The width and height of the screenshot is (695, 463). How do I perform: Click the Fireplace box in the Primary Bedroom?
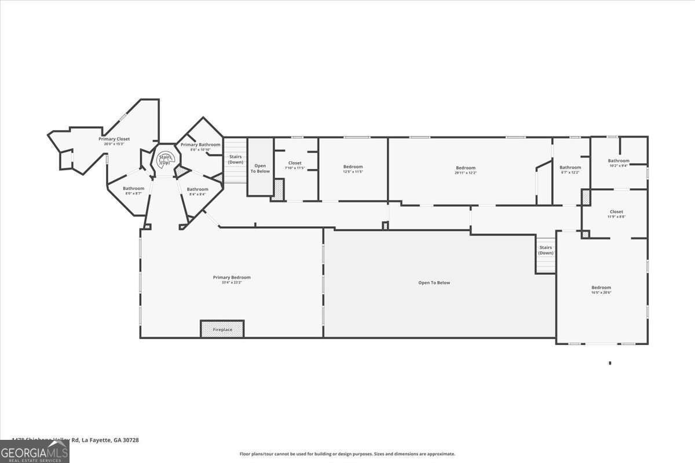(x=222, y=329)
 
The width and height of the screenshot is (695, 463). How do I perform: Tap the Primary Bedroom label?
(x=232, y=277)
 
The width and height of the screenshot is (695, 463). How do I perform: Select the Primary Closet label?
(x=114, y=139)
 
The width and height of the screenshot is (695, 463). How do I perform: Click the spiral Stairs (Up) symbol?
(x=165, y=159)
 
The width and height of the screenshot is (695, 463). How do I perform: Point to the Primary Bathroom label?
(x=200, y=144)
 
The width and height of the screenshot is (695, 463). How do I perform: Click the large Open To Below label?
(x=434, y=282)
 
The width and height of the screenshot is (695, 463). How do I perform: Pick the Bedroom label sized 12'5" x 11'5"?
(x=353, y=167)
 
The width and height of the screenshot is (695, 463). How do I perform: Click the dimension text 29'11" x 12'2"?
(x=465, y=172)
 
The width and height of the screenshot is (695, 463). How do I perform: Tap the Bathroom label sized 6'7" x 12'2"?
(x=570, y=167)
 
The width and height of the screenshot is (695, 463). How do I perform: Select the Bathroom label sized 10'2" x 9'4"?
(x=618, y=160)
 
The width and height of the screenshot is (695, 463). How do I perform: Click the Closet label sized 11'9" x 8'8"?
(x=616, y=211)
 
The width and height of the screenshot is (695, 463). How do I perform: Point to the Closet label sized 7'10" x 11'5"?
(x=295, y=163)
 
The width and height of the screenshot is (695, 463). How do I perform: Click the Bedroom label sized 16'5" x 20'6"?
(x=601, y=288)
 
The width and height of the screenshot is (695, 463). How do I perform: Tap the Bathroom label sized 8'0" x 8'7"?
(x=133, y=188)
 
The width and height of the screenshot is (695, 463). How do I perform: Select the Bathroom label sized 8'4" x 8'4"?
(x=197, y=189)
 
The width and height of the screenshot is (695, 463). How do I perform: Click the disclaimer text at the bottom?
(x=348, y=454)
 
